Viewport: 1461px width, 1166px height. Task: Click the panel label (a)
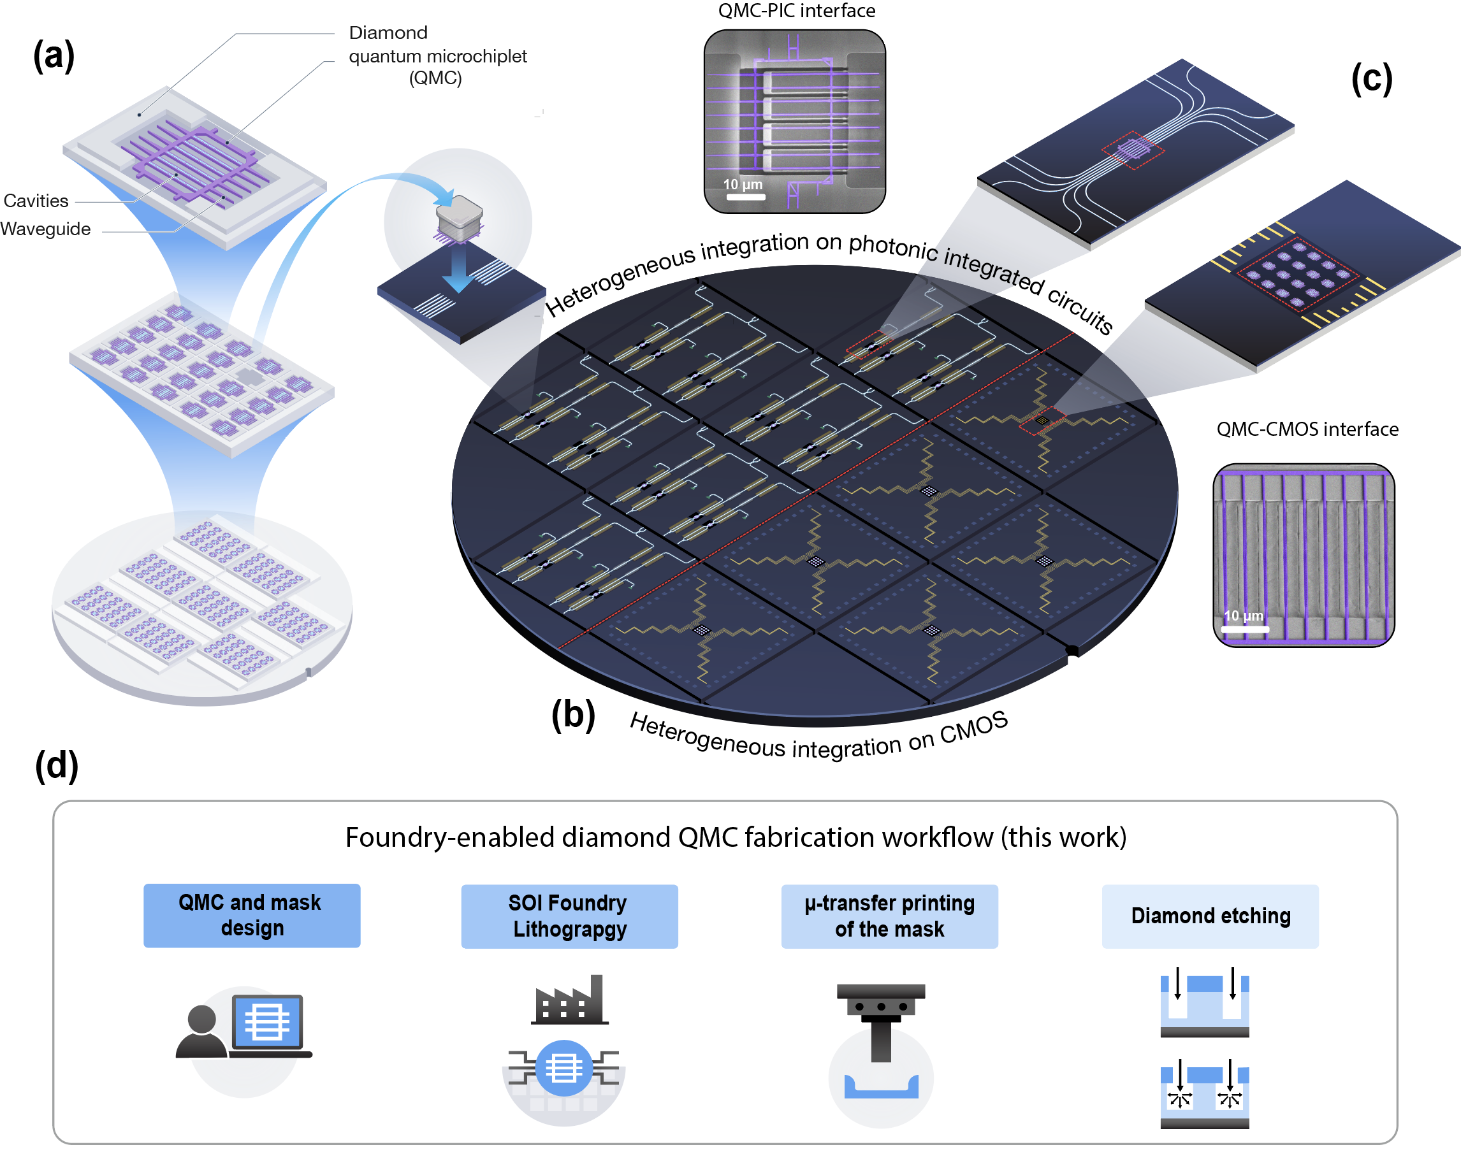click(54, 55)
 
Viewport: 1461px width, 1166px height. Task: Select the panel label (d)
click(56, 766)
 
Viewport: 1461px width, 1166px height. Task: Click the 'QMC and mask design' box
click(251, 915)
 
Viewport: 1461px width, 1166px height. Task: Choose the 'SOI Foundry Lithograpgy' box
click(569, 916)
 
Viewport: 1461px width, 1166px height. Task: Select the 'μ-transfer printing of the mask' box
click(889, 916)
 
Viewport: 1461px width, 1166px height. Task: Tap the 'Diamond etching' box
click(1210, 916)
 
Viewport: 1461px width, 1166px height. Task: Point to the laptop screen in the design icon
click(267, 1020)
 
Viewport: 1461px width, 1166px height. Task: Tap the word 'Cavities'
click(36, 201)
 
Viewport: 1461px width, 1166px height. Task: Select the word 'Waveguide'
click(45, 229)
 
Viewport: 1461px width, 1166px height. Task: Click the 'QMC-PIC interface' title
click(796, 11)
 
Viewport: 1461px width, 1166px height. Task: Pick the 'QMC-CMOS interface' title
click(1307, 429)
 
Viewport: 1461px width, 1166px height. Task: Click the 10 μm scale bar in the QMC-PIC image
click(745, 197)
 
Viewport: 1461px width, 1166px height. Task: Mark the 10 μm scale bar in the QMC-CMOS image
click(1244, 629)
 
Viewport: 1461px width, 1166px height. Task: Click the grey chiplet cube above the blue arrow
click(460, 218)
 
